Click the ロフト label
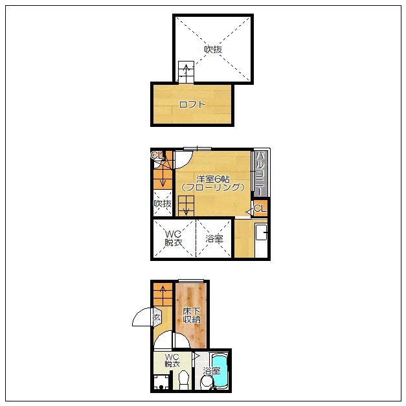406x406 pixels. [x=192, y=105]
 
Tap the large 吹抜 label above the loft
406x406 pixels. [x=213, y=49]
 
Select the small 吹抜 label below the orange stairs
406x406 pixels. [x=163, y=204]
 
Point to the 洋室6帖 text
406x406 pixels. [x=213, y=179]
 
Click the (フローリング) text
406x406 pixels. [x=213, y=187]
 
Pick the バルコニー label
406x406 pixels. [x=260, y=174]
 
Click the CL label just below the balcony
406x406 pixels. [x=260, y=208]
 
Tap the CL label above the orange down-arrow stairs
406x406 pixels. [x=157, y=155]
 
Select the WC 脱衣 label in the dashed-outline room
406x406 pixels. [x=174, y=238]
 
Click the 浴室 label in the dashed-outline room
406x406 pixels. [x=214, y=238]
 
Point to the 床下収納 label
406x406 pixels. [x=192, y=315]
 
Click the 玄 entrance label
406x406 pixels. [x=157, y=317]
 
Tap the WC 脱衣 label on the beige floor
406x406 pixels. [x=172, y=360]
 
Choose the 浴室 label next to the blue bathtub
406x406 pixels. [x=212, y=371]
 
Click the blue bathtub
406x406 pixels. [x=220, y=371]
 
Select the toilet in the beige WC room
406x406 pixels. [x=184, y=379]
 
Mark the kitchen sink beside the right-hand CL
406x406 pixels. [x=261, y=232]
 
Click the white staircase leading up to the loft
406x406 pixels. [x=186, y=72]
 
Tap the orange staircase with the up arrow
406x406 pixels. [x=163, y=295]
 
